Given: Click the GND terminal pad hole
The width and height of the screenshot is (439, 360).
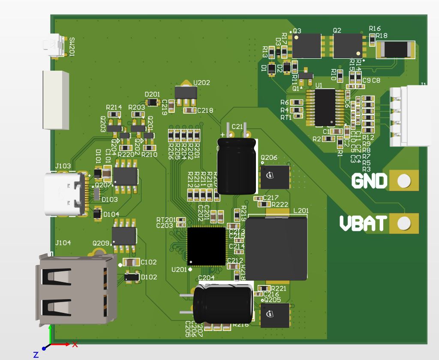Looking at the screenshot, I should pyautogui.click(x=403, y=181).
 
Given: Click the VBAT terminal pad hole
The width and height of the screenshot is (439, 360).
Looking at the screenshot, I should pyautogui.click(x=403, y=223).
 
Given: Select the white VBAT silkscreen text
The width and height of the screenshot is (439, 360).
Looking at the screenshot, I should pyautogui.click(x=363, y=223).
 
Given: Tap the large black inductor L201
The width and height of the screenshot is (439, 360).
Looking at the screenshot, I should pyautogui.click(x=278, y=248).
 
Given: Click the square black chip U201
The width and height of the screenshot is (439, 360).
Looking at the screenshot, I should pyautogui.click(x=206, y=246).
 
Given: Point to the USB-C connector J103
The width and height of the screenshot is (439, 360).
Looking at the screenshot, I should pyautogui.click(x=64, y=194).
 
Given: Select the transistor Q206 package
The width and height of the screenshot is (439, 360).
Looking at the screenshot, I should pyautogui.click(x=275, y=177).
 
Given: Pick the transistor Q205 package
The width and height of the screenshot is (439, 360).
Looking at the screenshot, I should pyautogui.click(x=275, y=315).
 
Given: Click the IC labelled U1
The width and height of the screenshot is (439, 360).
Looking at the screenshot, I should pyautogui.click(x=325, y=107).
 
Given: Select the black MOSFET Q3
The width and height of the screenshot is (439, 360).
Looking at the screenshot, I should pyautogui.click(x=307, y=46).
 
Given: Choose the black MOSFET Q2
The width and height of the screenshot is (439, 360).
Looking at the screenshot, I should pyautogui.click(x=347, y=46).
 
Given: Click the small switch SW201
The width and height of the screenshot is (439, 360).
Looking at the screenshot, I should pyautogui.click(x=53, y=45).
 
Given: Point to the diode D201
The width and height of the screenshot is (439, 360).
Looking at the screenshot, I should pyautogui.click(x=152, y=102).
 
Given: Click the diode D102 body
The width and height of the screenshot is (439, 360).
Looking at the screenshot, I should pyautogui.click(x=131, y=277).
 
